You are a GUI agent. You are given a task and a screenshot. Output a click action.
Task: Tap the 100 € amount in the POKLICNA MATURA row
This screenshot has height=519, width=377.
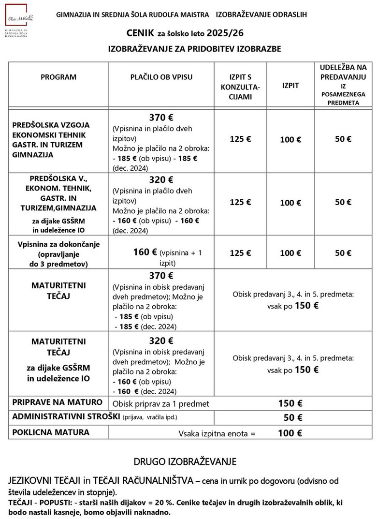[290, 433]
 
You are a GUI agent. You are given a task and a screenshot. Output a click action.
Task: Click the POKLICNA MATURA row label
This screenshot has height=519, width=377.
[51, 432]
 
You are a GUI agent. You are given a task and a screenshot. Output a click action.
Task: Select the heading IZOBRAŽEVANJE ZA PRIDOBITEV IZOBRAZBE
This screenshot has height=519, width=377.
[194, 49]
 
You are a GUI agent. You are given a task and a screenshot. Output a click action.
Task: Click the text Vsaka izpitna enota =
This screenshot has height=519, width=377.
[217, 433]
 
